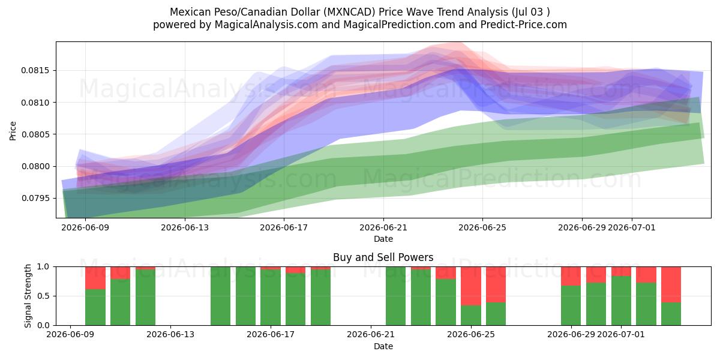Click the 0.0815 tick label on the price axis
[x=35, y=70]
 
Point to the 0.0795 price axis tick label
[x=35, y=198]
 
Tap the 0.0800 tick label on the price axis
[x=35, y=166]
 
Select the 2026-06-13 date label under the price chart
[x=185, y=227]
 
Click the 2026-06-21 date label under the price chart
[x=383, y=227]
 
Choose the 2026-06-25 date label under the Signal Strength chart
[x=471, y=334]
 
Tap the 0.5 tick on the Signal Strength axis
[x=43, y=296]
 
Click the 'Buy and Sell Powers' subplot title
[x=383, y=257]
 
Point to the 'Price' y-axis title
[x=13, y=131]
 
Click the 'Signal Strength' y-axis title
[x=28, y=296]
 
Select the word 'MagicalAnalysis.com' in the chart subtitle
[x=266, y=25]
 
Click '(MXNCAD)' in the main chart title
[x=349, y=12]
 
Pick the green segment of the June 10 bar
[x=95, y=307]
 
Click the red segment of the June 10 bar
[x=95, y=278]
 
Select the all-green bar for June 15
[x=221, y=296]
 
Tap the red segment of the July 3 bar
[x=671, y=284]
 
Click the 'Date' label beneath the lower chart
[x=383, y=346]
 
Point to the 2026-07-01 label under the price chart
[x=632, y=227]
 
